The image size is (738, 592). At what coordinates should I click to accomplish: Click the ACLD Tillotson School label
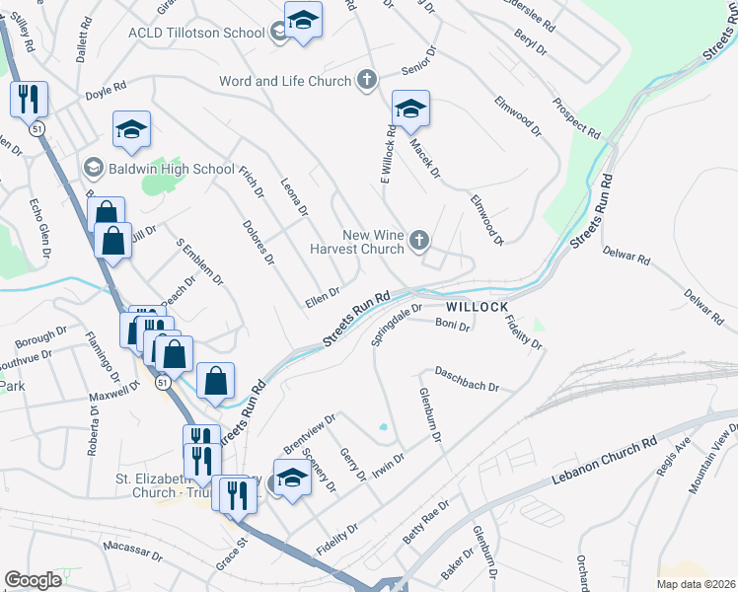click(196, 33)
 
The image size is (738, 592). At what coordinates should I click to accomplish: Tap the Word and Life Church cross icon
click(367, 81)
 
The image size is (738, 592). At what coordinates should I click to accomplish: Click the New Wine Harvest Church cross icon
click(419, 240)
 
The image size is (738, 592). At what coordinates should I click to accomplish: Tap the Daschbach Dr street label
click(468, 379)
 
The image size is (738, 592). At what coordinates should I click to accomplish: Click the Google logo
click(34, 580)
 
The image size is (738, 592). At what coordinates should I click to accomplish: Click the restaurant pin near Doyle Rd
click(28, 99)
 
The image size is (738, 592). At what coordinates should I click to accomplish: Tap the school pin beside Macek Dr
click(410, 110)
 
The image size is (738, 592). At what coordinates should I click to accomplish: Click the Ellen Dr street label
click(323, 296)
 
